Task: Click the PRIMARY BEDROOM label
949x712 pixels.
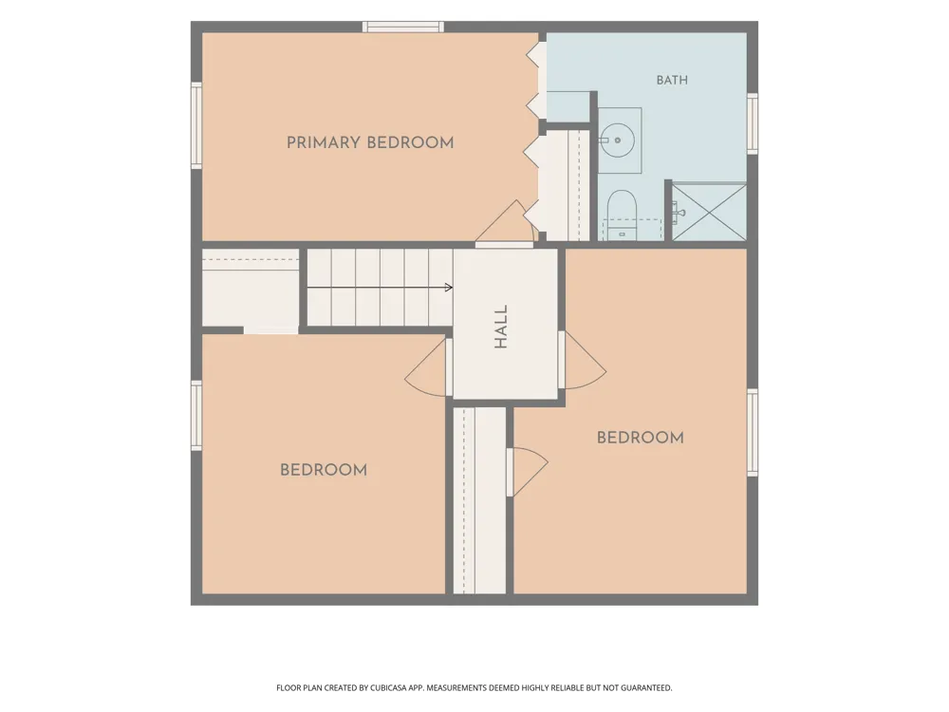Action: click(370, 143)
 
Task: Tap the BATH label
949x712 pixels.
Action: click(672, 80)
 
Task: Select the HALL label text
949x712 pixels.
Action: click(500, 327)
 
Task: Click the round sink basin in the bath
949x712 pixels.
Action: click(618, 140)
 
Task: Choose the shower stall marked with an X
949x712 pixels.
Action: click(709, 213)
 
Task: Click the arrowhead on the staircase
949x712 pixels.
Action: click(449, 287)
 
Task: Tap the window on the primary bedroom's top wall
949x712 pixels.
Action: click(403, 27)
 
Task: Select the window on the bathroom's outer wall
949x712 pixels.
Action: click(753, 123)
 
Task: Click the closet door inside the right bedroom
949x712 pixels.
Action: click(527, 472)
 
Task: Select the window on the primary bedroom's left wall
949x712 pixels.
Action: click(196, 125)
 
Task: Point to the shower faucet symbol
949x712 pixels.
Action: click(678, 213)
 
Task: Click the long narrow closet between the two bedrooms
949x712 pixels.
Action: click(479, 500)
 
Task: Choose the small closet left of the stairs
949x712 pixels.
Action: click(251, 289)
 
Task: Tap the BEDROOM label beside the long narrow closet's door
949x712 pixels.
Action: click(641, 438)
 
